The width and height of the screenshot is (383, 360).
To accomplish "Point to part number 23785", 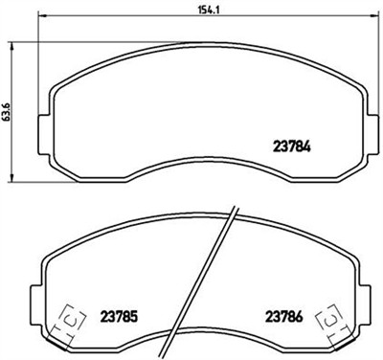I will click(x=118, y=313).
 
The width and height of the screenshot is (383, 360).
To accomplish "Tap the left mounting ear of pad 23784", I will click(x=40, y=127).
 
